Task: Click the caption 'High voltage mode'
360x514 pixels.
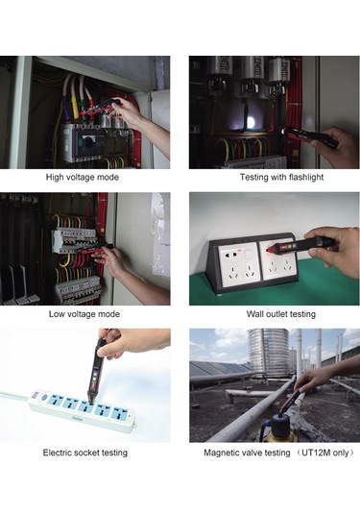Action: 84,178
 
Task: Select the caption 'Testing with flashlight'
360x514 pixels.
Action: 275,178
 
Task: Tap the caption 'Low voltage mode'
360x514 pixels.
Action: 84,314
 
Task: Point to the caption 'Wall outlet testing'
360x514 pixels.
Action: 275,314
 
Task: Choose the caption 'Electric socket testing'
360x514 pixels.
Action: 84,452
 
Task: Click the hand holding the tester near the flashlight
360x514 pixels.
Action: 336,146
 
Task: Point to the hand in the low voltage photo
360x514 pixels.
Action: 113,260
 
